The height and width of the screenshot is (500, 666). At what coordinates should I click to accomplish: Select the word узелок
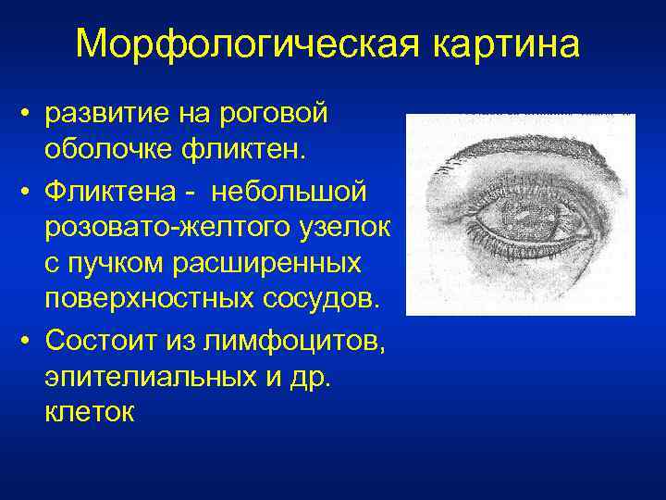pos(348,230)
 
